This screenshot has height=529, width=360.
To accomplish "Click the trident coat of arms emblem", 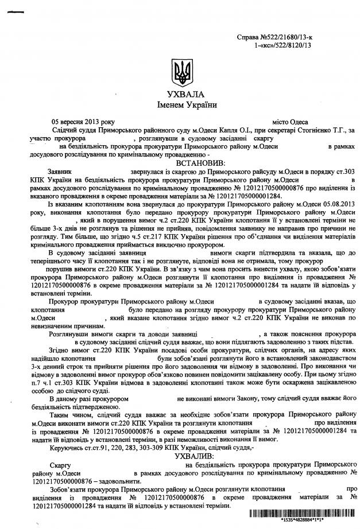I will [x=180, y=74].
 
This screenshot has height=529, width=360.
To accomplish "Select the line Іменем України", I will [x=180, y=105].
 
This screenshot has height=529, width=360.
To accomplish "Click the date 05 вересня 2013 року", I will [x=83, y=122].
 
